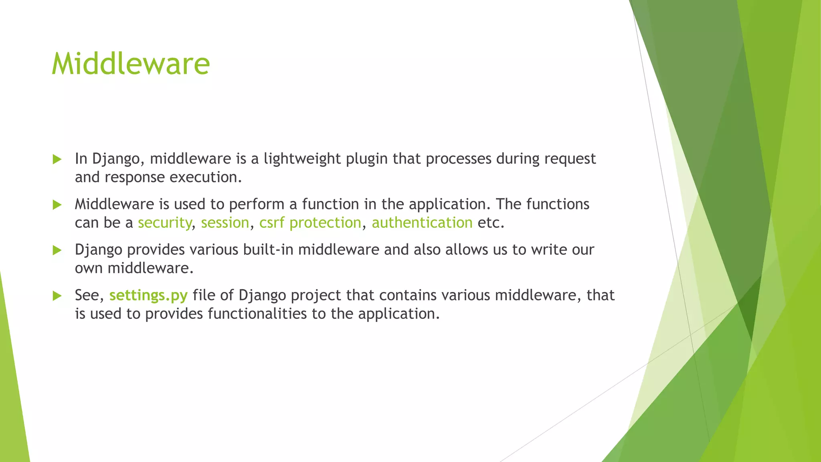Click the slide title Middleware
click(x=131, y=64)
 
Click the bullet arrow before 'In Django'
click(x=57, y=159)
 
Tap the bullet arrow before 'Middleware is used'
click(x=57, y=205)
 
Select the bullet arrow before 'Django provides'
click(x=57, y=250)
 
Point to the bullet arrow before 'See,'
click(x=57, y=296)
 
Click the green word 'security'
click(x=165, y=223)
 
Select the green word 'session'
click(x=225, y=223)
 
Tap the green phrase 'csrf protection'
click(x=310, y=223)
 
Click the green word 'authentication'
click(x=422, y=223)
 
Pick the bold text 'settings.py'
click(x=148, y=296)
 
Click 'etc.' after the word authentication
click(x=491, y=223)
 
